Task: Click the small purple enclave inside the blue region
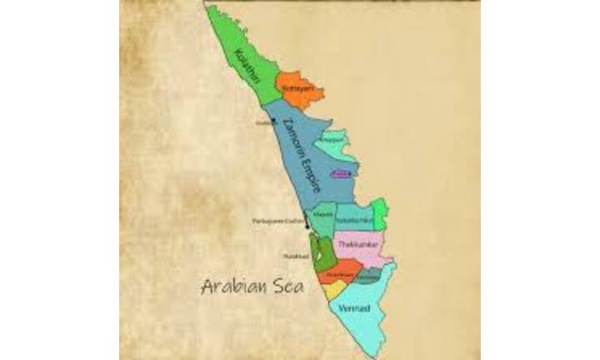(339, 173)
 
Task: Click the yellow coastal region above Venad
(333, 291)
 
